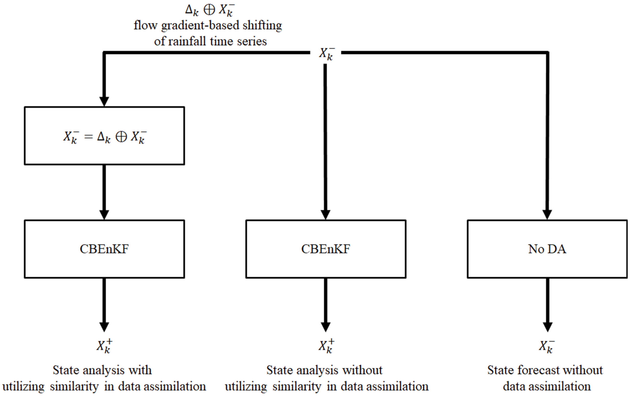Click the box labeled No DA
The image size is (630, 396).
(547, 249)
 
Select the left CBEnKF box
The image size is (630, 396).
(104, 249)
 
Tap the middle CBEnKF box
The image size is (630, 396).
(326, 249)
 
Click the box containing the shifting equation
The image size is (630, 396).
(104, 136)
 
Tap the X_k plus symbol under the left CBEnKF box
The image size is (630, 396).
(104, 346)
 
